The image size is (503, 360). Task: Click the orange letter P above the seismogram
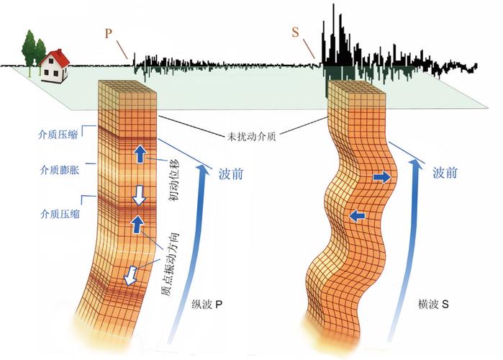109,34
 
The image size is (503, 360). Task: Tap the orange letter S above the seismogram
295,32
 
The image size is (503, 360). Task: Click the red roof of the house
56,57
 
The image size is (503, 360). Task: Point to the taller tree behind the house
30,48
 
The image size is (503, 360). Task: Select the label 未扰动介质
252,137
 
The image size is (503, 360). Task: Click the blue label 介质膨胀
60,170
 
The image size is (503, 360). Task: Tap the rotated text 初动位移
174,180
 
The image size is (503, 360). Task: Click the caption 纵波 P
207,304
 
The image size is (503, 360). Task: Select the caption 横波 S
433,304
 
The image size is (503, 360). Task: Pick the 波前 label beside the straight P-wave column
231,174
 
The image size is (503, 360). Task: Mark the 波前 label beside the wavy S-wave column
445,173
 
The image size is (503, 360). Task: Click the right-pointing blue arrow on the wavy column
382,177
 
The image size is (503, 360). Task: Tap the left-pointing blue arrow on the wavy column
358,217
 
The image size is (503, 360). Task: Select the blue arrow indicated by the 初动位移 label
140,154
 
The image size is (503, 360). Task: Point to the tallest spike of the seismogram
334,32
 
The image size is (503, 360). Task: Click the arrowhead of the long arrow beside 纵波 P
201,168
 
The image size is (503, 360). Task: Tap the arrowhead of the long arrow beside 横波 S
415,164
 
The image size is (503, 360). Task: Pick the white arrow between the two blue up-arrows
139,195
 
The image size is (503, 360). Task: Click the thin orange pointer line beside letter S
309,49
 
